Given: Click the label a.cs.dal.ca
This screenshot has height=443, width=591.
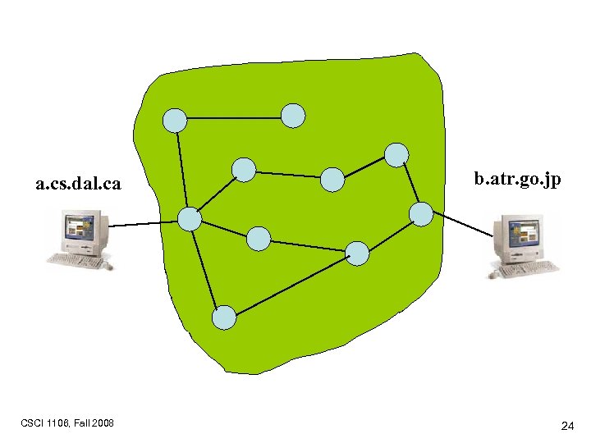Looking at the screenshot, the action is coord(78,185).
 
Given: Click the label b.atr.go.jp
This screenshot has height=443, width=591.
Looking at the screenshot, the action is coord(518,178).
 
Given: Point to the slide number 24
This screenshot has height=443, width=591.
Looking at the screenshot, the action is coord(567,426).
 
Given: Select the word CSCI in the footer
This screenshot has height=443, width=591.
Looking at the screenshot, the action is coord(34,423).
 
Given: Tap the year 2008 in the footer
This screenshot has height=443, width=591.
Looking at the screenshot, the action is coord(103,423).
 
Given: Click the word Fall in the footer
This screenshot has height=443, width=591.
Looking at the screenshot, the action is coord(81,423).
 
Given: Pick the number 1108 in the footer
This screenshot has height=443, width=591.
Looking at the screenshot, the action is coord(58,423).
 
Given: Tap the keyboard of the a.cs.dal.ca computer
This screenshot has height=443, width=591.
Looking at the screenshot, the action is coord(78,261).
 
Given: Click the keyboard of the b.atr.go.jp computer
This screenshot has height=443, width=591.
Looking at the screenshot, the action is coord(525,268).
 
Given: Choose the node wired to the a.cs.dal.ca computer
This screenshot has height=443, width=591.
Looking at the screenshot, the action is coord(190,219).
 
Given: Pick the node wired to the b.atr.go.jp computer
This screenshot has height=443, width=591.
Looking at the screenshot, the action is coord(421,214).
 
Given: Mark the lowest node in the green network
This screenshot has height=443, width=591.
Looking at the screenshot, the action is coord(224,317).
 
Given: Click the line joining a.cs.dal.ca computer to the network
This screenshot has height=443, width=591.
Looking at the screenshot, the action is coord(144,223).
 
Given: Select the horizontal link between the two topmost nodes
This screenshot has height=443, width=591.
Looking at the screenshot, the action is coord(234,118).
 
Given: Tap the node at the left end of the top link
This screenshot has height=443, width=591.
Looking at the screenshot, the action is coord(174,121).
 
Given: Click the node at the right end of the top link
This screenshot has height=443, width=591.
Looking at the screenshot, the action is coord(293,116).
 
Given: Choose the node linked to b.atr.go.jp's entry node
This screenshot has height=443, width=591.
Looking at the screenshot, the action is coord(396,154).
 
